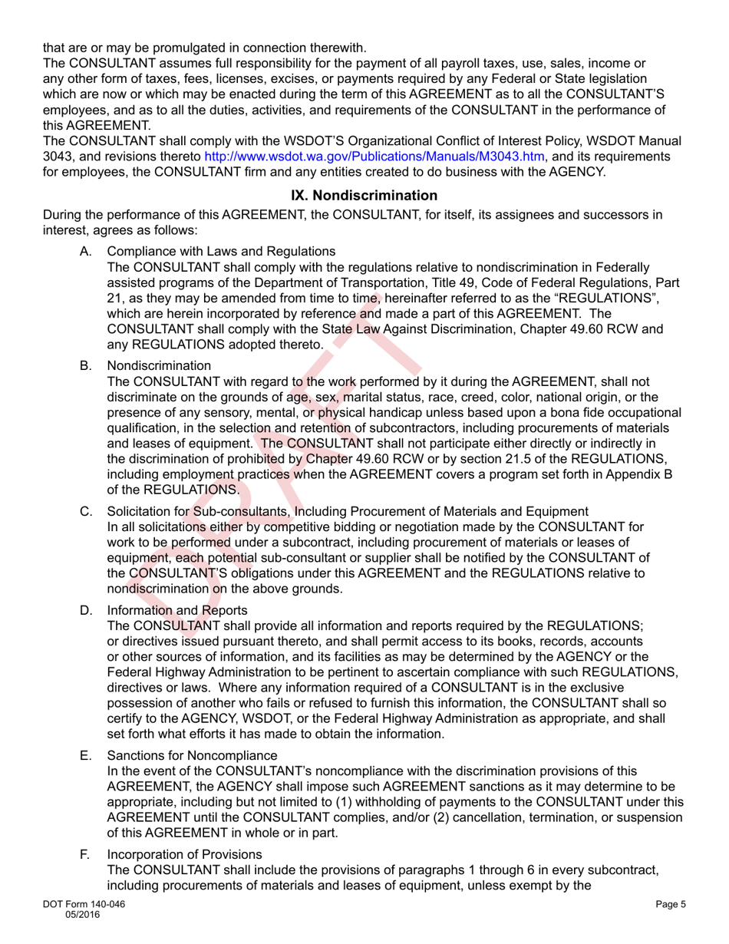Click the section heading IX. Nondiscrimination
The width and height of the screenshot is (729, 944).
(x=364, y=196)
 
